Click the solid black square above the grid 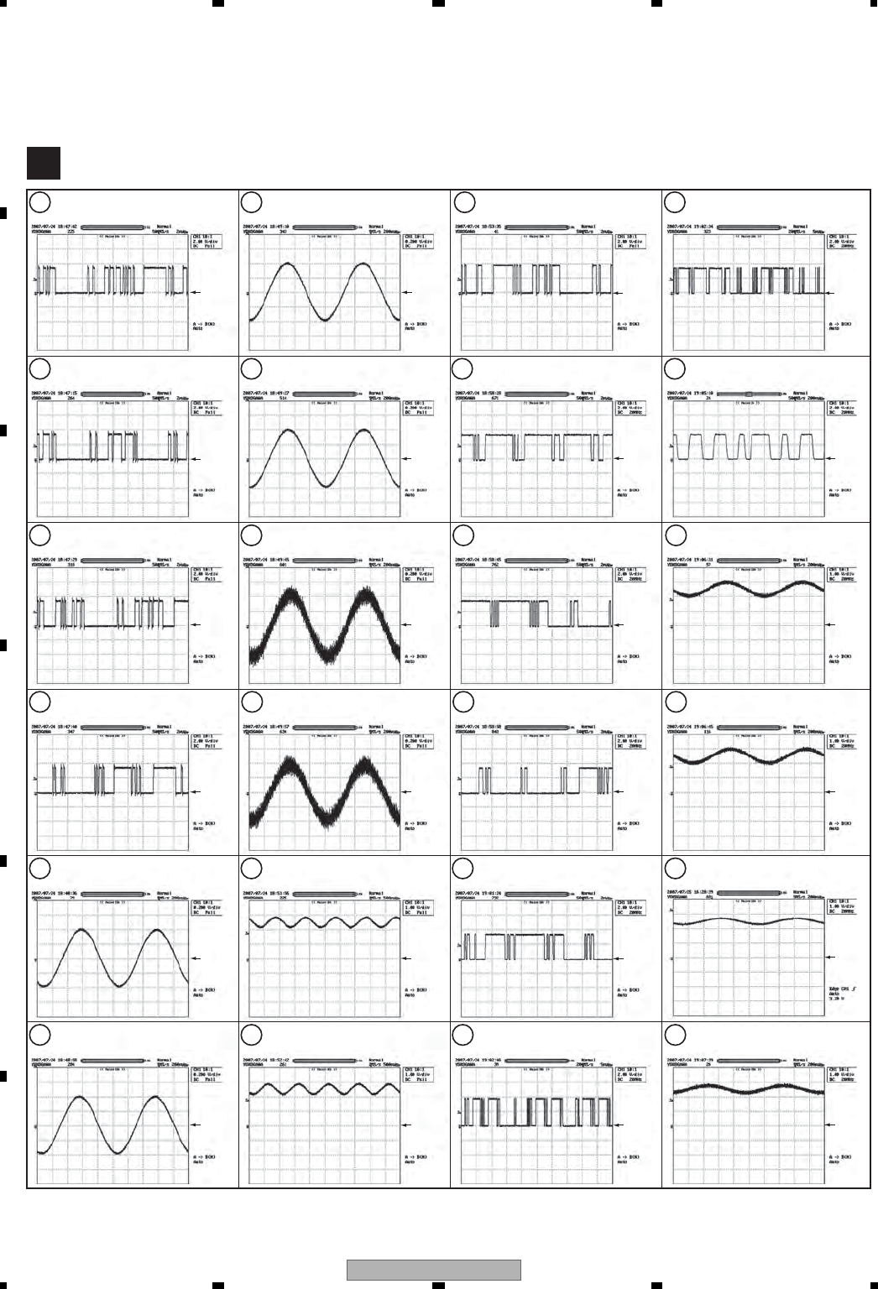coord(43,164)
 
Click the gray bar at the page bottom coord(434,1270)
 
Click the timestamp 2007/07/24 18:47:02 coord(55,227)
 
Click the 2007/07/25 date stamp coord(689,892)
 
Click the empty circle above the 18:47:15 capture coord(39,368)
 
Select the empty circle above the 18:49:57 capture coord(250,701)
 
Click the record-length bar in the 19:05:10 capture coord(747,393)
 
